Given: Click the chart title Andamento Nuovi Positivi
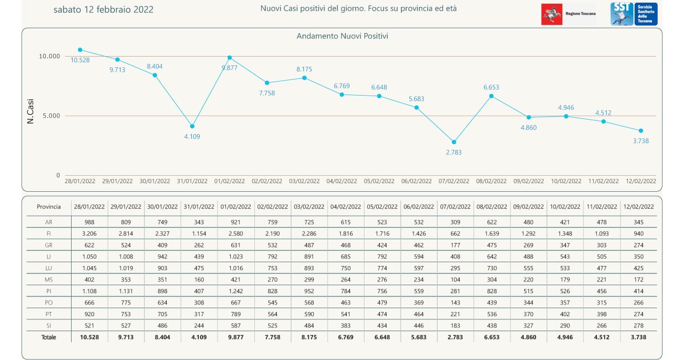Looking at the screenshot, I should (x=342, y=36).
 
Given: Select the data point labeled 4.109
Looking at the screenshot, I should (x=192, y=126).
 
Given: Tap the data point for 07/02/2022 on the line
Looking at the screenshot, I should (x=454, y=142).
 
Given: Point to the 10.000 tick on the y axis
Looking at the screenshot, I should (x=50, y=56).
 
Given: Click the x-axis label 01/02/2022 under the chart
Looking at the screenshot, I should (x=230, y=181).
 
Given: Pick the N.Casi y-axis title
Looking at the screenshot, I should (x=30, y=114).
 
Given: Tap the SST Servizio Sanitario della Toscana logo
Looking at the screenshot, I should (x=634, y=14).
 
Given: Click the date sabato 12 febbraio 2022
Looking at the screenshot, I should (x=104, y=10).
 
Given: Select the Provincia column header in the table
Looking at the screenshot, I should (x=49, y=207).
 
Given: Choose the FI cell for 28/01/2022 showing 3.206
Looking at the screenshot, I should (x=89, y=233).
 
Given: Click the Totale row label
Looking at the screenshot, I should (x=49, y=337).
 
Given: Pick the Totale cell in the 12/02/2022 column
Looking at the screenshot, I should (x=639, y=337).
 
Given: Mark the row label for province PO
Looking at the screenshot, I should (x=49, y=302).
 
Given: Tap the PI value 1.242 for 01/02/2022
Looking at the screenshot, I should (x=236, y=291).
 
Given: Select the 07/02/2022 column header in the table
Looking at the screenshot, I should (x=455, y=207).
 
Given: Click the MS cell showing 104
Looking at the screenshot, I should (x=455, y=279).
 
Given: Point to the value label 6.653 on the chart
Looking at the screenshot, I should (x=492, y=87).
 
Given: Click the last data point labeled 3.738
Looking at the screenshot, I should (x=641, y=131).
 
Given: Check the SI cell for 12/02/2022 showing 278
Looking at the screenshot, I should (x=639, y=325).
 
